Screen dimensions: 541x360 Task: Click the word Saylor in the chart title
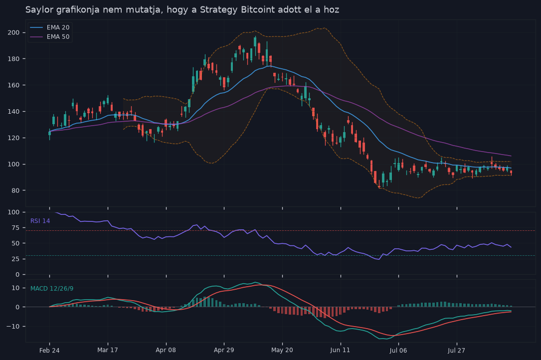[x=39, y=9]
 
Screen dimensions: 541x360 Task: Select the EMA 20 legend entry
[x=50, y=27]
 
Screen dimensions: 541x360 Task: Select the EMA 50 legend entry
[x=50, y=36]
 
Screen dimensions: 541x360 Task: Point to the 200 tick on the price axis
[x=14, y=32]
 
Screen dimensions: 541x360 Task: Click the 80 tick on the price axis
[x=16, y=190]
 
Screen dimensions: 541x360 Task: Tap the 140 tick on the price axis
[x=14, y=112]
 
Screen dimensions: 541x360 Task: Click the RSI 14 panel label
[x=40, y=221]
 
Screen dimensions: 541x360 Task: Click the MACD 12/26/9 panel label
[x=52, y=289]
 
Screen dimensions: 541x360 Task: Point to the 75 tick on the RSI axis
[x=16, y=228]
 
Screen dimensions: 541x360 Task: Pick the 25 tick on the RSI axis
[x=16, y=259]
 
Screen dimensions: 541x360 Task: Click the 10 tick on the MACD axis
[x=16, y=288]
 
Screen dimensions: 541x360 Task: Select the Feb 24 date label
[x=49, y=351]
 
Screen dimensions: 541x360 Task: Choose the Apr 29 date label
[x=224, y=350]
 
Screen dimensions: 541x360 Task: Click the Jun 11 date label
[x=340, y=350]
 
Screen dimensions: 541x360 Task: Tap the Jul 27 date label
[x=456, y=351]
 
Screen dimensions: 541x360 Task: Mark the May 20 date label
[x=282, y=350]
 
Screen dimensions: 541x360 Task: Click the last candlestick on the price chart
[x=511, y=172]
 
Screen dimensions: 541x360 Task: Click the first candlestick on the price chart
[x=50, y=134]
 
